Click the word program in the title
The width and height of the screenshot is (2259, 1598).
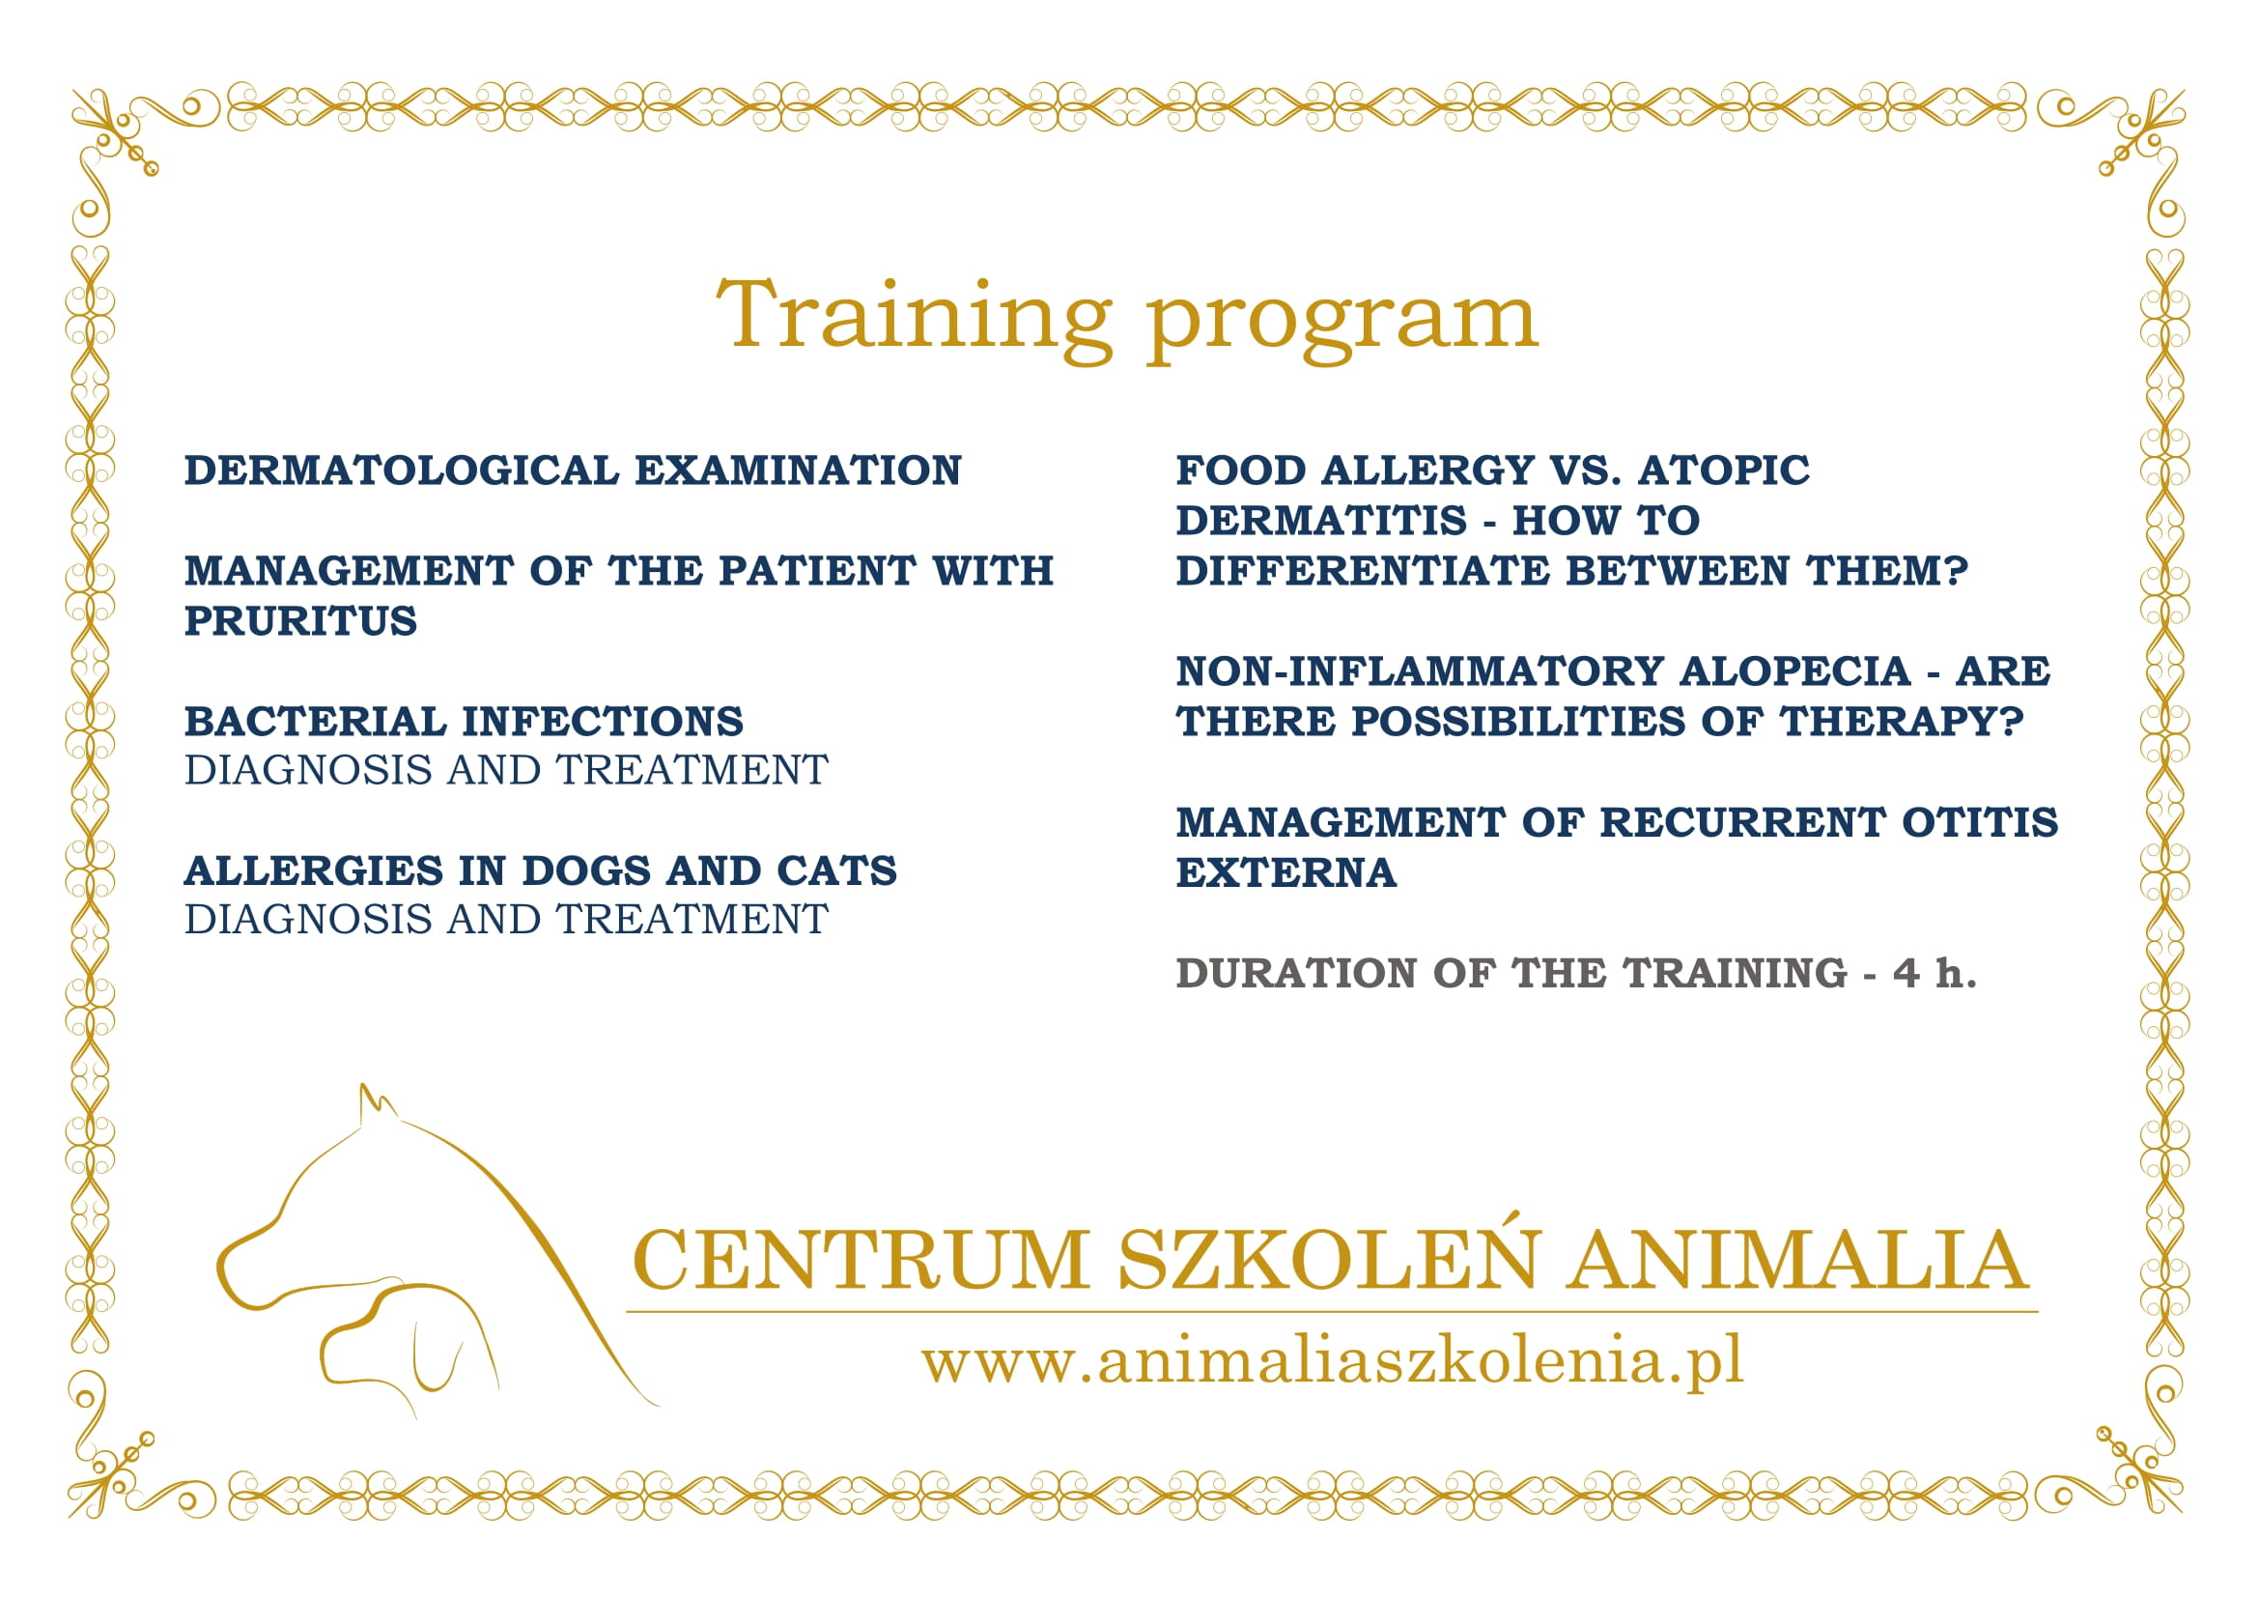[1342, 325]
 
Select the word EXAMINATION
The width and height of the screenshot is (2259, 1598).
[798, 471]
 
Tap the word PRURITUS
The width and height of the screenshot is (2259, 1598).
[301, 621]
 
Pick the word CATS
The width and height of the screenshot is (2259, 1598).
[836, 870]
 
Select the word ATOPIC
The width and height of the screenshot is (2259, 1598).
[1724, 471]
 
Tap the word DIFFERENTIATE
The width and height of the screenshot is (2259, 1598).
[1363, 571]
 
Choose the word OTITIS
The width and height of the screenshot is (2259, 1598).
[1980, 821]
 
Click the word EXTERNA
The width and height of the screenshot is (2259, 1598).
[1285, 872]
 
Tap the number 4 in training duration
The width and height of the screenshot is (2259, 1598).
[1906, 973]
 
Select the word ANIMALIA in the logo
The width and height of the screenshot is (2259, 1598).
[1797, 1260]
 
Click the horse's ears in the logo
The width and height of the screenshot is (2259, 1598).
[378, 1104]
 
